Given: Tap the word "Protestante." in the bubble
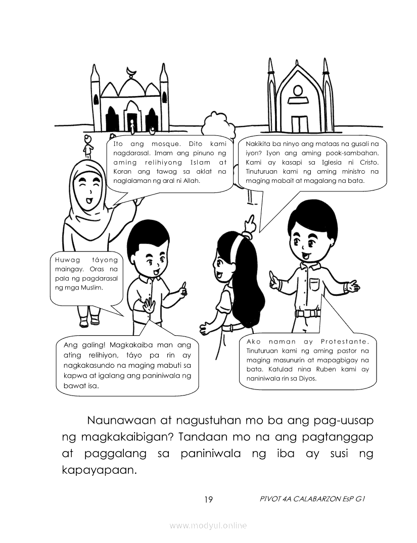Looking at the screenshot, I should click(x=347, y=342).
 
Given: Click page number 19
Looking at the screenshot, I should click(x=208, y=500).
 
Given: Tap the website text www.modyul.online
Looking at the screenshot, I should click(x=208, y=526).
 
